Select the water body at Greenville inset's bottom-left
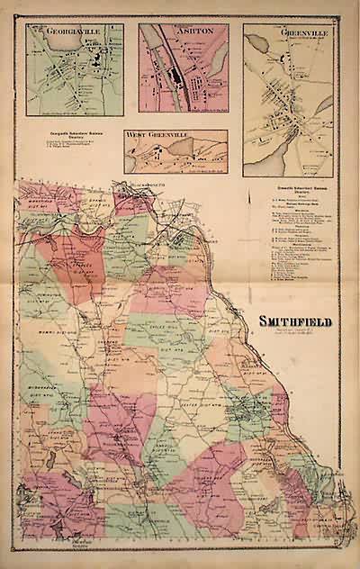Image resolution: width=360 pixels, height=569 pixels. click(256, 144)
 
